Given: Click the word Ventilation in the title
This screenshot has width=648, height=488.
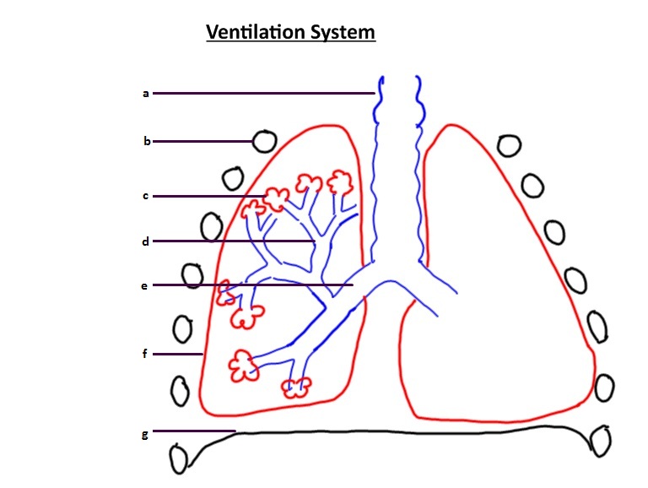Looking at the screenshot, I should pos(256,32).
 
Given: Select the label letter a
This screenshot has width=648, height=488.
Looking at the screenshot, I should pos(145,93).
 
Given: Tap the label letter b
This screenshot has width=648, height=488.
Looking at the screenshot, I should pos(146,141).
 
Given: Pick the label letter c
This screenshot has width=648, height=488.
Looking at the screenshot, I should pos(145,196).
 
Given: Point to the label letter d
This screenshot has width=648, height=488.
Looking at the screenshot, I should pos(145,241).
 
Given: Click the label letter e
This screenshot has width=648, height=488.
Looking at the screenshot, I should pos(144,285).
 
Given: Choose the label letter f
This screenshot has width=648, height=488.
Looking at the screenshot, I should pos(144,354).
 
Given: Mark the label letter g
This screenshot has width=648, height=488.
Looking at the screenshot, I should pos(145,434).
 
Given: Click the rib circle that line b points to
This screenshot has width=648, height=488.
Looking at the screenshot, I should pos(264,140).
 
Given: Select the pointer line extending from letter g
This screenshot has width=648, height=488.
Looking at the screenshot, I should pos(194,431).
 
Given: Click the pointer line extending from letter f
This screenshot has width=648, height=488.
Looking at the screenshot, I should pos(177,354).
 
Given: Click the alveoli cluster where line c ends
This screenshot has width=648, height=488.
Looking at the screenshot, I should pos(276,195).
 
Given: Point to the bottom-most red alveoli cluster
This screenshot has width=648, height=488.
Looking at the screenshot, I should pos(296,388).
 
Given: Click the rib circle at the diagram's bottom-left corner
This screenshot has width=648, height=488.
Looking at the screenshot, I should pos(179,460).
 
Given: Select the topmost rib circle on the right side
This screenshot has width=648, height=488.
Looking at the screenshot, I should pos(508,145).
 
